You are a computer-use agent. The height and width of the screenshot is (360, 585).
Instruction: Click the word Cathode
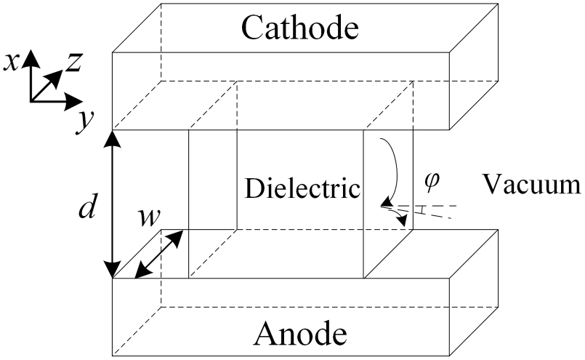[x=300, y=28]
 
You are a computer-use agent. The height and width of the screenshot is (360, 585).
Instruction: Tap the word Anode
[x=300, y=333]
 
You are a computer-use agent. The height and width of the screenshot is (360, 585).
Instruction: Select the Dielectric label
[x=302, y=188]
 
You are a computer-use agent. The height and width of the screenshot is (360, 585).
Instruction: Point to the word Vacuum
[x=532, y=184]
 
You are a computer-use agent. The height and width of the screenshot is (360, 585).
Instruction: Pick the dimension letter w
[x=149, y=218]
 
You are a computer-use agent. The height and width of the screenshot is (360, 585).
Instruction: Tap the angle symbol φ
[x=432, y=182]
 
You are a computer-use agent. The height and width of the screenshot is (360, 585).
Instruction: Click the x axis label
[x=11, y=63]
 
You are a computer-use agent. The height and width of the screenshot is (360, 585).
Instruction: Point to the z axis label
[x=74, y=62]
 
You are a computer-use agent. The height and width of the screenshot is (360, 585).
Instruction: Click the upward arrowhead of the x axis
[x=31, y=58]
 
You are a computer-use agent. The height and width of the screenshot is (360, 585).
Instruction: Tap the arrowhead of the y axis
[x=73, y=101]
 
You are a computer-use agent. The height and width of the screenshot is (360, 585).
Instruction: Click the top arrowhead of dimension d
[x=113, y=139]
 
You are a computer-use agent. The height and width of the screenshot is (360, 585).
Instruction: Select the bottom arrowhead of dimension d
[x=113, y=269]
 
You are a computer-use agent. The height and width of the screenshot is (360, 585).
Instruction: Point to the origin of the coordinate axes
[x=31, y=101]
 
